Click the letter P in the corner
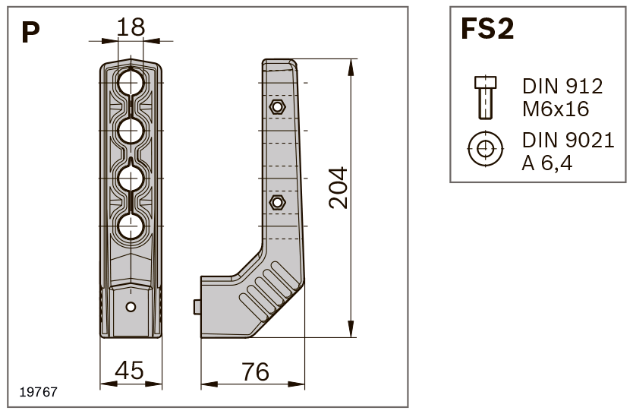click(x=30, y=32)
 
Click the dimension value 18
click(x=131, y=28)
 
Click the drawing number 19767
click(x=38, y=393)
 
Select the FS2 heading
click(x=487, y=30)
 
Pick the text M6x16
click(x=556, y=109)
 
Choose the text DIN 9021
click(x=568, y=141)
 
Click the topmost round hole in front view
click(x=131, y=83)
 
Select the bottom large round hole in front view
click(x=131, y=226)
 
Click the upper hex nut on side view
click(x=277, y=106)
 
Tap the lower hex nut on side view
click(x=277, y=202)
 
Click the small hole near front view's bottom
click(x=131, y=307)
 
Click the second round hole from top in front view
click(x=131, y=131)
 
